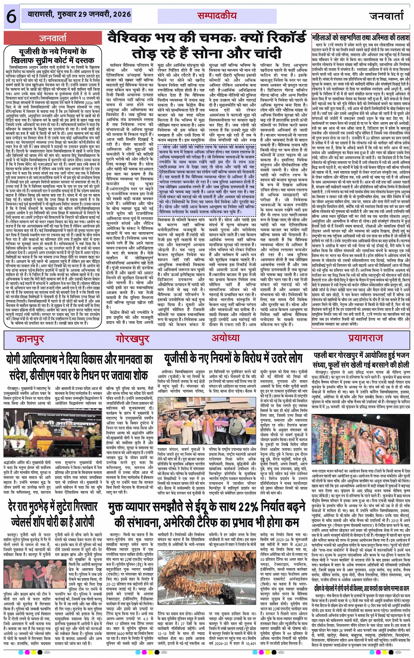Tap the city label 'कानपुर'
pos(31,339)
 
